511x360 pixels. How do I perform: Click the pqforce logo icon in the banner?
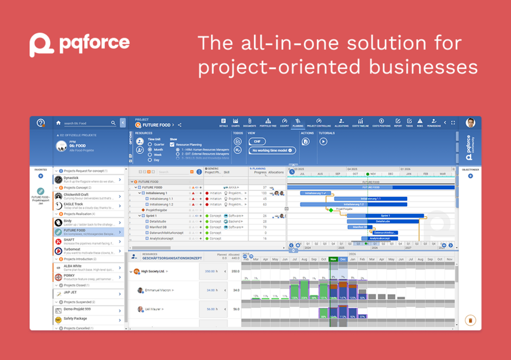(x=41, y=45)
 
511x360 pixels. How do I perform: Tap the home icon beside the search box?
(x=58, y=123)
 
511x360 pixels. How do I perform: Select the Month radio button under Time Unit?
(x=150, y=150)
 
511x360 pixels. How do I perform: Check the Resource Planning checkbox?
(x=172, y=145)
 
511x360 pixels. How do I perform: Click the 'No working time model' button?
(x=272, y=151)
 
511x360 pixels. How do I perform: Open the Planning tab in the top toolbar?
(x=297, y=122)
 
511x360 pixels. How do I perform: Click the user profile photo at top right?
(x=470, y=123)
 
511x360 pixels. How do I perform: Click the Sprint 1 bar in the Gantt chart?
(x=384, y=216)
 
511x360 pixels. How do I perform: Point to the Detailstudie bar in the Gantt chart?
(x=383, y=221)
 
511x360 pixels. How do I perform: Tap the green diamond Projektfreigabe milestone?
(x=331, y=210)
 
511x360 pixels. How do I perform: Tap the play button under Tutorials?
(x=323, y=141)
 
